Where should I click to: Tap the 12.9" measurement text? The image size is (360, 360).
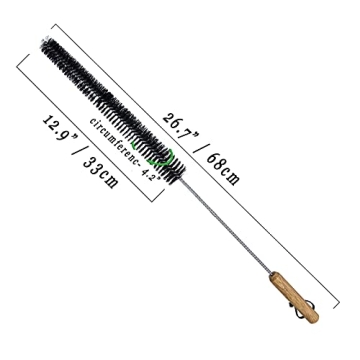coord(61,133)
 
